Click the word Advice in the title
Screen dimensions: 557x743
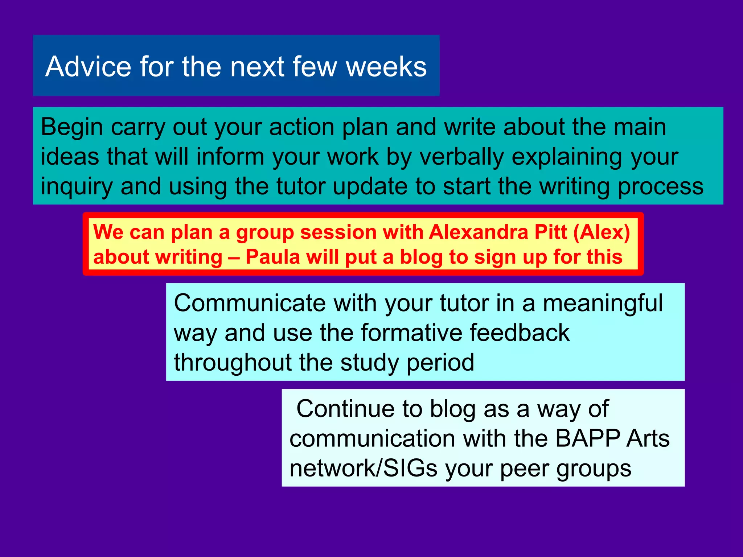88,67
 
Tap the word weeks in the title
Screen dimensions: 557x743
386,67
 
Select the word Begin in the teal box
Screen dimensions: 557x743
72,128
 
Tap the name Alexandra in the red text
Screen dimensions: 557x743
478,232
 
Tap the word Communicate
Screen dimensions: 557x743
250,303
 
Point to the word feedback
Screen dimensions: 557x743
520,333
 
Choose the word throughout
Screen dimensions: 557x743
233,363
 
